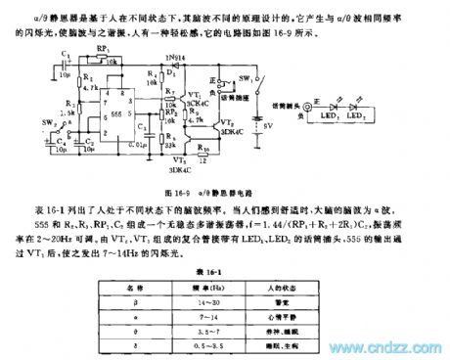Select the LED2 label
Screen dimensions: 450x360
[388, 117]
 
